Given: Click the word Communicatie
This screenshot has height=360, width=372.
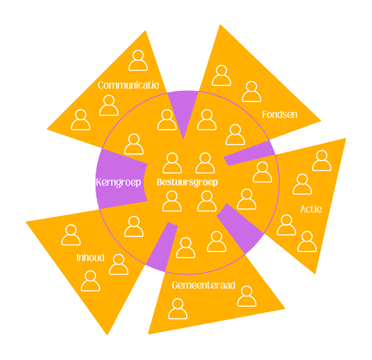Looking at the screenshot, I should click(x=128, y=85).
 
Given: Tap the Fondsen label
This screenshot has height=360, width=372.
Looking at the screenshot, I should click(x=279, y=115).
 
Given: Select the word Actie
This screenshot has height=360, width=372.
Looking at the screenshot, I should click(x=311, y=209).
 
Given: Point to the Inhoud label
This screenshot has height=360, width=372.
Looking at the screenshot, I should click(x=90, y=258).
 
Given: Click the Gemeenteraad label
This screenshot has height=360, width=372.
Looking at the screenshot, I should click(x=204, y=285).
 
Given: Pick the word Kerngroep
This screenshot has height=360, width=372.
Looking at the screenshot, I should click(x=118, y=183).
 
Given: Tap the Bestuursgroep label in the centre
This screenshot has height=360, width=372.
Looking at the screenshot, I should click(x=187, y=182).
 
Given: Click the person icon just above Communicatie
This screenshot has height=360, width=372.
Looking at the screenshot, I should click(x=138, y=61).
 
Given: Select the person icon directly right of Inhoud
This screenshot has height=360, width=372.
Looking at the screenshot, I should click(x=119, y=265).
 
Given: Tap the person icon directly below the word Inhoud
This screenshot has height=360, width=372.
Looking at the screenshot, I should click(x=91, y=281).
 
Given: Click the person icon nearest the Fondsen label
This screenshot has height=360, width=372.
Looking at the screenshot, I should click(x=251, y=92).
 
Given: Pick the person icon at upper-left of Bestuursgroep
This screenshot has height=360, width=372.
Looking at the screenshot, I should click(x=172, y=163).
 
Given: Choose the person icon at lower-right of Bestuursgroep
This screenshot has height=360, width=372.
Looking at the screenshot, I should click(x=207, y=201).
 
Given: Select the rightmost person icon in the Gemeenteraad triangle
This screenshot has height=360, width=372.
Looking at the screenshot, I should click(x=247, y=296).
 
